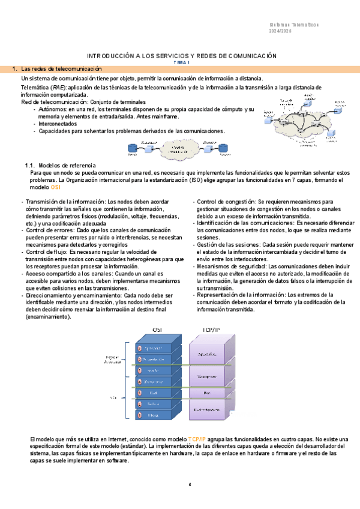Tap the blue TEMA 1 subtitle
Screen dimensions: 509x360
[182, 62]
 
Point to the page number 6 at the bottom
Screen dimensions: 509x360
[190, 485]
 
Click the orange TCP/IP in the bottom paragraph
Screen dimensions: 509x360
[197, 440]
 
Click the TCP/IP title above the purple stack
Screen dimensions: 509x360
[212, 330]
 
